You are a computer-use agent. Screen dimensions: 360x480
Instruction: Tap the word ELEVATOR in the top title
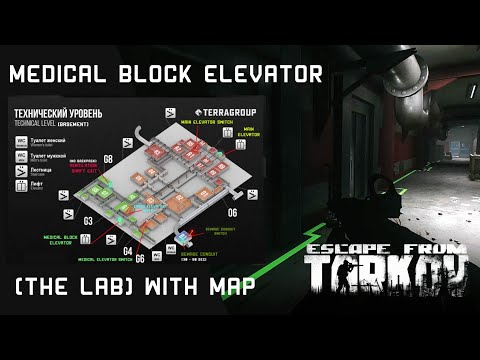tap(269, 75)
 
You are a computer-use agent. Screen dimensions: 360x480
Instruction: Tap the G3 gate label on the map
tap(88, 219)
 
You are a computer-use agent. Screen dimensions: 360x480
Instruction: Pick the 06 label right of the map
tap(231, 213)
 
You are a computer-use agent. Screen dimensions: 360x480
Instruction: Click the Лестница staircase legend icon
tap(22, 171)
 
